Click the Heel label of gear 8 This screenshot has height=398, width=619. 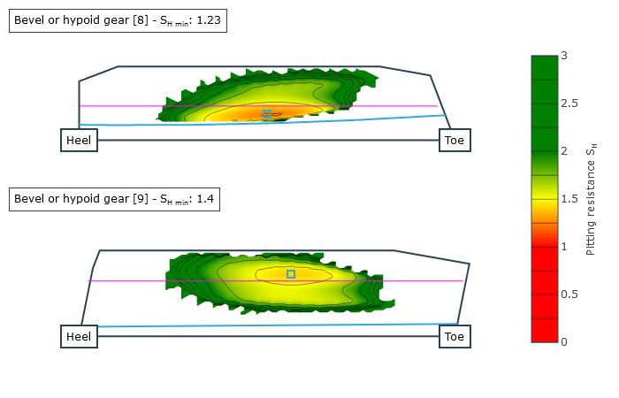click(x=79, y=140)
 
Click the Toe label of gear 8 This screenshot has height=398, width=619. click(x=455, y=140)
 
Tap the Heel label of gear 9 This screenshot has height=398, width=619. click(x=79, y=336)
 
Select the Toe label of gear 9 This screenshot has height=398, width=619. click(x=455, y=336)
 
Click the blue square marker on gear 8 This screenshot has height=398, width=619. click(x=267, y=114)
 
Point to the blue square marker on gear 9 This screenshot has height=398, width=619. click(x=291, y=274)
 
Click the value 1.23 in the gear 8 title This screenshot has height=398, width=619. click(x=209, y=20)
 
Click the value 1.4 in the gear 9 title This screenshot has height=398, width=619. click(x=205, y=199)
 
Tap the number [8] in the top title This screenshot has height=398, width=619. click(x=141, y=20)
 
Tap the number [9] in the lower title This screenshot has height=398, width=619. click(x=141, y=199)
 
